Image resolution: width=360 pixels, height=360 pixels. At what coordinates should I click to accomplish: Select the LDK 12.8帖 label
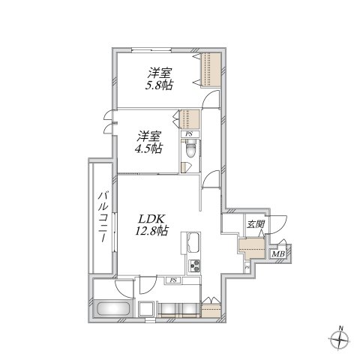151,225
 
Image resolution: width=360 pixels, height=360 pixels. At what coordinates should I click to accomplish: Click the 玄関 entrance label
255,224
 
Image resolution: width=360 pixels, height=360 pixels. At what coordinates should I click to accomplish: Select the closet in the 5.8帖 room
210,70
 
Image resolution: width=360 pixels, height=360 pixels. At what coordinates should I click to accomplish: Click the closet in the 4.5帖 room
190,119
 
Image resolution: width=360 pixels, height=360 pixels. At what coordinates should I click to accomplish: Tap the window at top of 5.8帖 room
151,50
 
